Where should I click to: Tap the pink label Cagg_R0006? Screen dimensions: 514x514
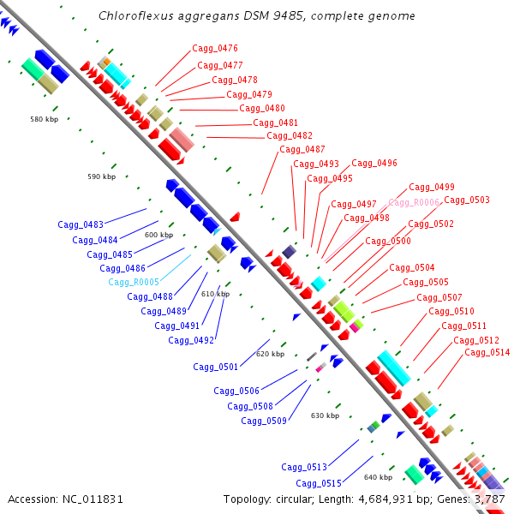click(x=414, y=203)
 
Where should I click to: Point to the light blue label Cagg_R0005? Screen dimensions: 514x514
click(x=134, y=283)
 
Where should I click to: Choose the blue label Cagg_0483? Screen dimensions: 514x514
click(x=81, y=225)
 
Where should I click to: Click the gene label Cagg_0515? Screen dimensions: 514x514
click(x=318, y=484)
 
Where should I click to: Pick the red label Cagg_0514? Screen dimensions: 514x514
click(x=487, y=353)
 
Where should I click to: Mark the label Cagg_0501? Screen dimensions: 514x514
click(x=216, y=368)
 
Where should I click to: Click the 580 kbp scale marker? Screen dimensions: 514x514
click(x=43, y=119)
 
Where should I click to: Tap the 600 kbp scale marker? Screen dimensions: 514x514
click(x=158, y=235)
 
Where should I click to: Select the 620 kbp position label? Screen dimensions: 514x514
click(x=270, y=354)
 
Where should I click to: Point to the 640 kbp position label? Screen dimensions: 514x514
click(x=378, y=477)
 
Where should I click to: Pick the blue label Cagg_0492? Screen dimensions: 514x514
click(x=191, y=341)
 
